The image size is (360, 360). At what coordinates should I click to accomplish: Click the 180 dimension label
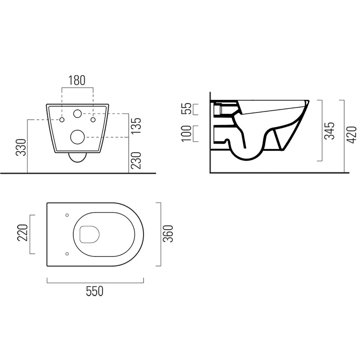[77, 80]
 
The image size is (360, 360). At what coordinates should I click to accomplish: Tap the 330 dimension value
[21, 148]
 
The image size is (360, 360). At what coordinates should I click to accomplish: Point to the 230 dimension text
[137, 160]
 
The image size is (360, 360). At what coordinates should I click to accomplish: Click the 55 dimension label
[186, 108]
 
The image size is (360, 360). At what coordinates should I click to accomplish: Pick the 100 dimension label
[186, 134]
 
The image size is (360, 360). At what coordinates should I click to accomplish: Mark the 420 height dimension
[351, 135]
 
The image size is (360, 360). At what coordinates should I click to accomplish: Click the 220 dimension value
[22, 233]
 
